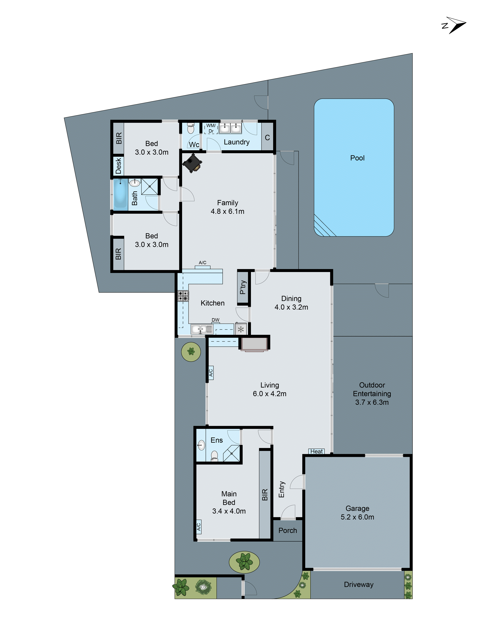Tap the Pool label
point(357,158)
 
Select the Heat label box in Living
point(316,451)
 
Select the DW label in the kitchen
point(215,320)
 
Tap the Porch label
point(288,530)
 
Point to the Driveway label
point(358,585)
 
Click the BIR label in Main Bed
point(265,495)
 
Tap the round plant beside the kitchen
point(191,352)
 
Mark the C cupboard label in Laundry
point(267,137)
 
